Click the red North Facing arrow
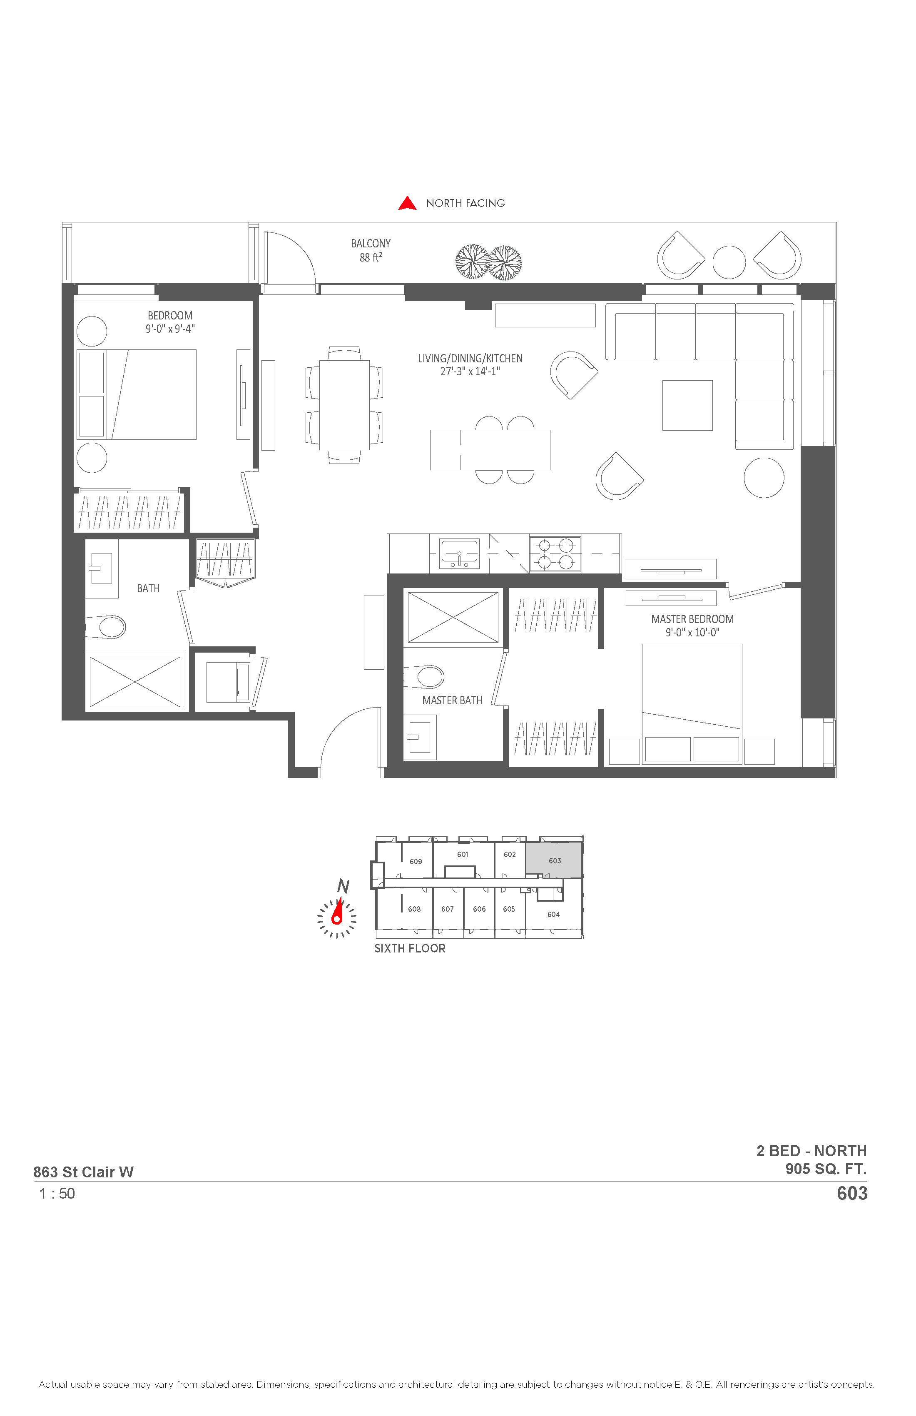(407, 204)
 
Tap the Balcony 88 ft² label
(371, 250)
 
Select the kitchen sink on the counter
(458, 554)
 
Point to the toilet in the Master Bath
(424, 676)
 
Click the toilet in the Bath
(106, 626)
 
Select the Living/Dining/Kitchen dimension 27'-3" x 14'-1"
(470, 372)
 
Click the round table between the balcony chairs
(729, 262)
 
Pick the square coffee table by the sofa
(687, 405)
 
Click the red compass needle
(339, 912)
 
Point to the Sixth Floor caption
(410, 948)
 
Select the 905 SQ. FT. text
(826, 1169)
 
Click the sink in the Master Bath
(420, 737)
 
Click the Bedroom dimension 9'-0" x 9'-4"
(170, 329)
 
